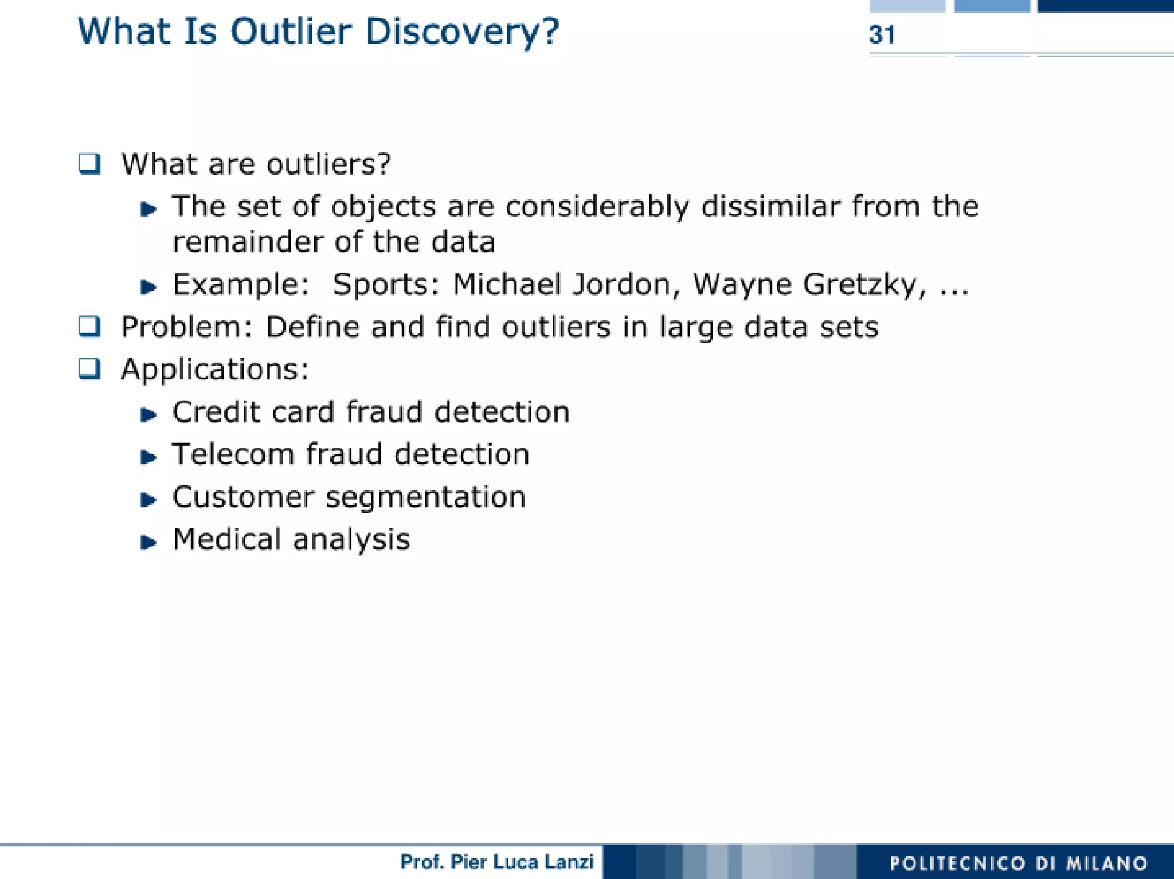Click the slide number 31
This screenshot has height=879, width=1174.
(881, 35)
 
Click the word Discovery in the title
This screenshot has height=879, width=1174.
(461, 32)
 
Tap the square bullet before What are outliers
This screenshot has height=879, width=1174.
(89, 164)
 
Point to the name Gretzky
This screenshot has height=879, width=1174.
(863, 285)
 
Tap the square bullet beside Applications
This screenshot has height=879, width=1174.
(89, 368)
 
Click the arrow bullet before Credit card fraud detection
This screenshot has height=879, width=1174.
(148, 414)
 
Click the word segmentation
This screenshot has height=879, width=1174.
(425, 497)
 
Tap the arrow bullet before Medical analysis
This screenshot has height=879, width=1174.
(148, 542)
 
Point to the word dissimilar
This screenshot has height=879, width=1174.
(770, 206)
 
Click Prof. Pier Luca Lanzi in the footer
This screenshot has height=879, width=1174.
(496, 862)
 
